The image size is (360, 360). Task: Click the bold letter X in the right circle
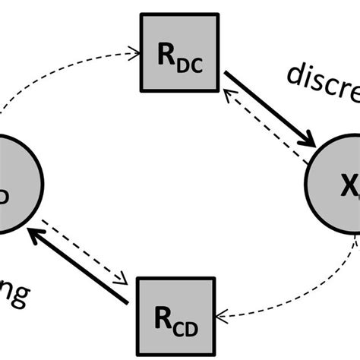[346, 182]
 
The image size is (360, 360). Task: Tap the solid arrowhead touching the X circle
[307, 138]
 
